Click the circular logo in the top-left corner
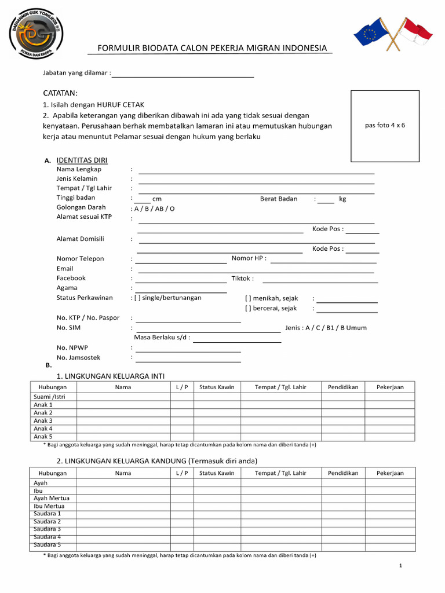(x=38, y=34)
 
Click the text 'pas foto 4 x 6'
(x=385, y=125)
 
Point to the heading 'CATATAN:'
(x=60, y=93)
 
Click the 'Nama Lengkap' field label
(x=79, y=169)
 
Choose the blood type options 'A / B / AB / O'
(x=154, y=208)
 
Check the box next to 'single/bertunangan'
(x=137, y=298)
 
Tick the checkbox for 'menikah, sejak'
(x=248, y=298)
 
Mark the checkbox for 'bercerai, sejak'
(x=248, y=308)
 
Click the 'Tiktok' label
(x=242, y=278)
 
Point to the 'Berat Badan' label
(x=279, y=199)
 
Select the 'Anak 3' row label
(x=43, y=421)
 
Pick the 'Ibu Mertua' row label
(x=49, y=506)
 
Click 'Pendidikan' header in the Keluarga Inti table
(x=343, y=387)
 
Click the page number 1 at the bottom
(x=400, y=565)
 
